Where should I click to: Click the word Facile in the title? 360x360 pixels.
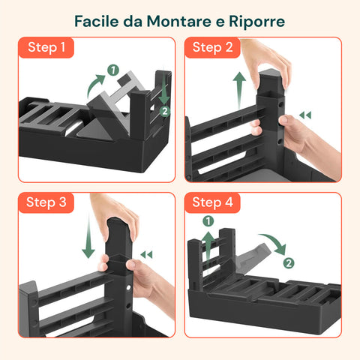tap(97, 22)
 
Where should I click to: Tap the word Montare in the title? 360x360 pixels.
tap(179, 22)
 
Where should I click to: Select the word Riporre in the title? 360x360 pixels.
tap(256, 22)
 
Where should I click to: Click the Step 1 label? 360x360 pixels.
tap(46, 47)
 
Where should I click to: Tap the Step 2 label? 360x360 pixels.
tap(212, 47)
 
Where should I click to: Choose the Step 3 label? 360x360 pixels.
tap(46, 202)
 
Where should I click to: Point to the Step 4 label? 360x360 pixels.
tap(212, 202)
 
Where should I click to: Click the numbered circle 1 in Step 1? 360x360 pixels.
tap(113, 70)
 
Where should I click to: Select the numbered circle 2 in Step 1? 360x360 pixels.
tap(165, 111)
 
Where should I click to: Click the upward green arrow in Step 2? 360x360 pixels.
tap(239, 90)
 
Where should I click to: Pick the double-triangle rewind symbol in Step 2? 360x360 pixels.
tap(305, 115)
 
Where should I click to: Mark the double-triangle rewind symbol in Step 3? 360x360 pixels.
tap(146, 255)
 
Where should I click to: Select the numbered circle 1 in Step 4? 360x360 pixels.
tap(208, 221)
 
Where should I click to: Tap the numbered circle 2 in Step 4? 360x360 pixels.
tap(289, 263)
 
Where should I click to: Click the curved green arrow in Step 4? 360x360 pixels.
tap(276, 241)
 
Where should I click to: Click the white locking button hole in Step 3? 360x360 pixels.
tap(129, 288)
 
